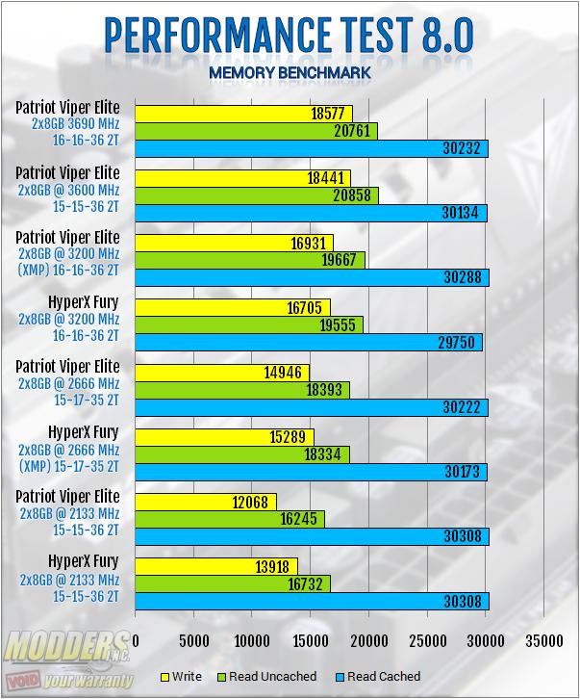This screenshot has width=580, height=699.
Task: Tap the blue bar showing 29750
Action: [x=309, y=343]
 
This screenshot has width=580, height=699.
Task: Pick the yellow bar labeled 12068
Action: [x=206, y=501]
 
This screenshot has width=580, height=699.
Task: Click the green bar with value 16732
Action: [x=233, y=583]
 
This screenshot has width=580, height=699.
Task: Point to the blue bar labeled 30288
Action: [x=313, y=278]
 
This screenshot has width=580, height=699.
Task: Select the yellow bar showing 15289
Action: [x=225, y=436]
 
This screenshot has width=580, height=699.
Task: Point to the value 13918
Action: [x=277, y=565]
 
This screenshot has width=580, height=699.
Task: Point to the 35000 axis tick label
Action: [x=544, y=640]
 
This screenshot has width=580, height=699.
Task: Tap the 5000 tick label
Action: [x=194, y=640]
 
